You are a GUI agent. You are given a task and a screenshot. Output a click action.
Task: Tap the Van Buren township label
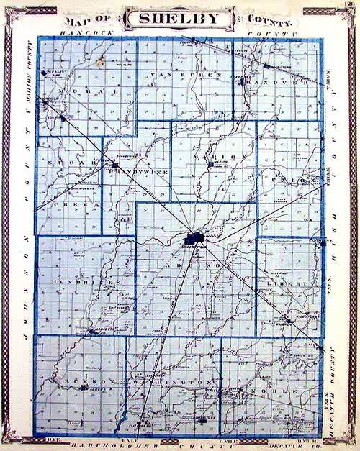(184, 74)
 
